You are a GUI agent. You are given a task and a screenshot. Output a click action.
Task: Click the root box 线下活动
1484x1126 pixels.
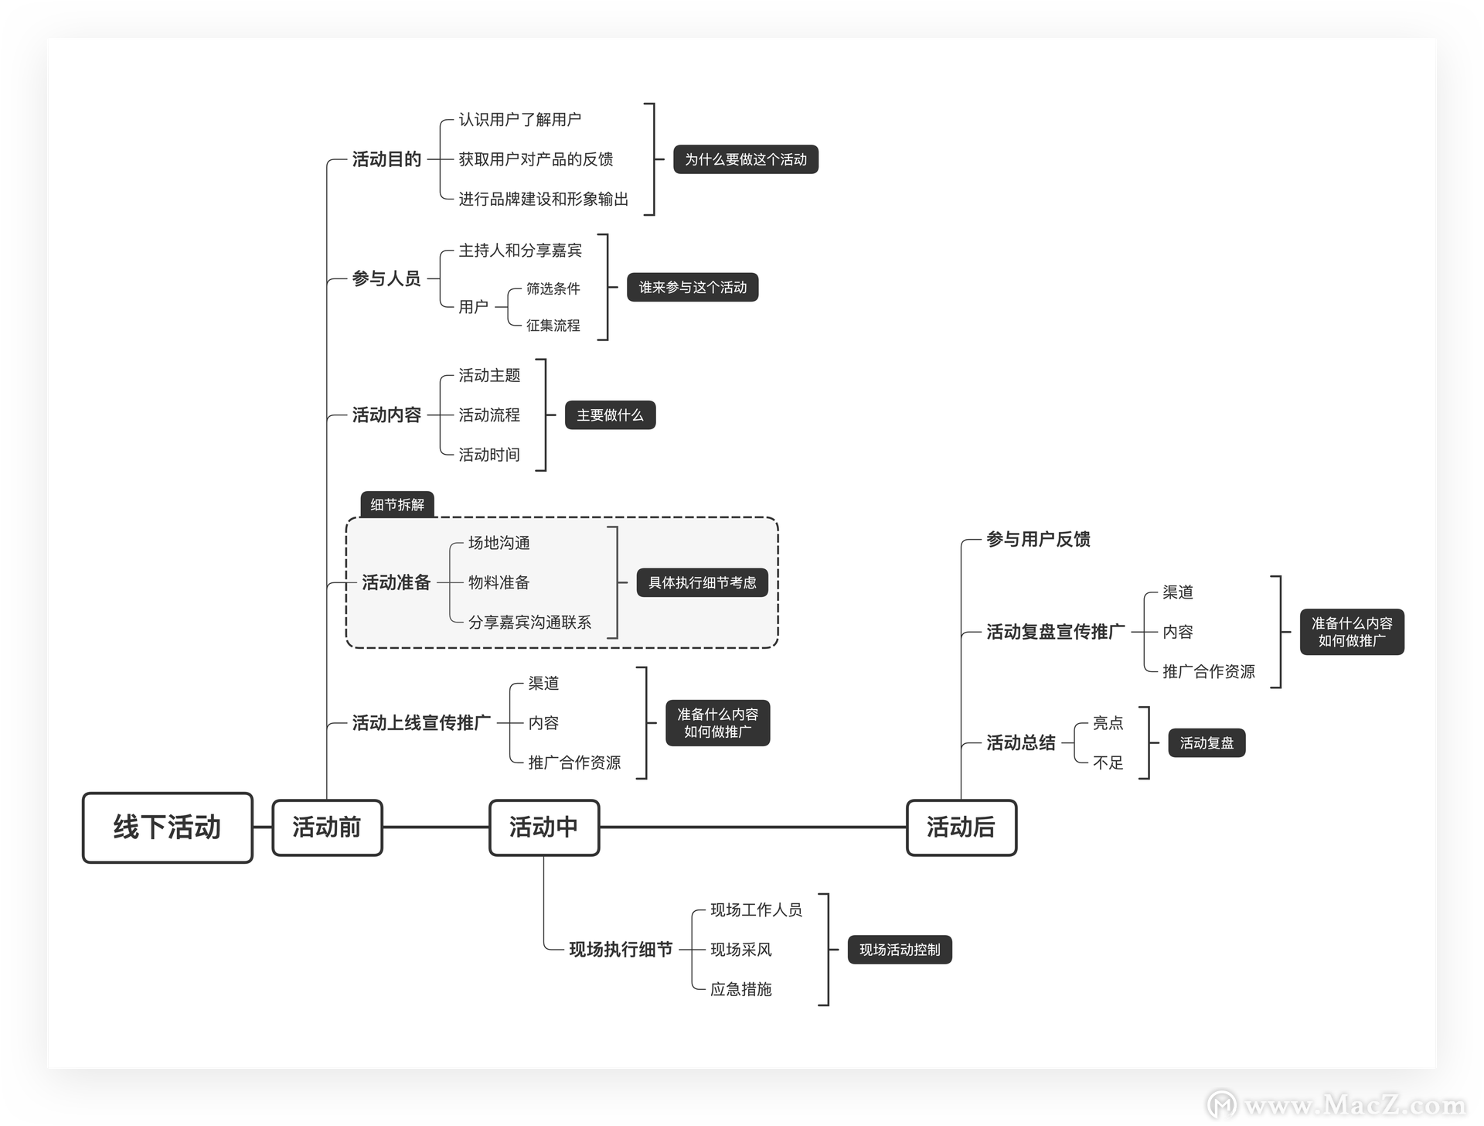[168, 827]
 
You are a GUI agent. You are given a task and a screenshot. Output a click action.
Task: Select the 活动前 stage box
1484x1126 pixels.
[327, 827]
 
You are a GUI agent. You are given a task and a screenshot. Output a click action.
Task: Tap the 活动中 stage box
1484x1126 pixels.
[544, 827]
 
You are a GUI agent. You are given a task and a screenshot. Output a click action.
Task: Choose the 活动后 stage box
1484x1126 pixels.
[962, 827]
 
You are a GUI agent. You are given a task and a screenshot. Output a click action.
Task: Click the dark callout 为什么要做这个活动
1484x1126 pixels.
[746, 159]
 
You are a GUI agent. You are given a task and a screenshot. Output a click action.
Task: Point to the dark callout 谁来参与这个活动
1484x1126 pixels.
[693, 287]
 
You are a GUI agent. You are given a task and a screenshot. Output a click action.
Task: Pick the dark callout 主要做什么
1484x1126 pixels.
[611, 415]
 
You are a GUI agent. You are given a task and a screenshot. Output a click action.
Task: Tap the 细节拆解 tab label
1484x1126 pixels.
[397, 505]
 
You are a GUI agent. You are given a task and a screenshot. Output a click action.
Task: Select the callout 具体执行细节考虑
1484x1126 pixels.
[703, 582]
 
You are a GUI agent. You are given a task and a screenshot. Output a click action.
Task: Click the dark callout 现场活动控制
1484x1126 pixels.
[900, 950]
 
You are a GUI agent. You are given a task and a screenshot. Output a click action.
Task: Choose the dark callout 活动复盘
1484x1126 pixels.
[1207, 743]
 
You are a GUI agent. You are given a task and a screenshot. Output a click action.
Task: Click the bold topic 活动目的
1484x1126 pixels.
[386, 159]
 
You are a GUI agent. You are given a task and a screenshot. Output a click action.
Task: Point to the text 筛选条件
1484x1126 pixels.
[553, 288]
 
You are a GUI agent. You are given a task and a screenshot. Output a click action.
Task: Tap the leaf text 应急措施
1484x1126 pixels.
[741, 989]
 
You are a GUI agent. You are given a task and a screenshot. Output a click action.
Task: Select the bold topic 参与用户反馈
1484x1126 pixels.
[1038, 539]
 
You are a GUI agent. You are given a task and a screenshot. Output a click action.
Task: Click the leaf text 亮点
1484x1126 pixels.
[1108, 723]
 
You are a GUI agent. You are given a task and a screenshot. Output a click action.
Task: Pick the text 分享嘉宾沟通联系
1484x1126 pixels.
[529, 623]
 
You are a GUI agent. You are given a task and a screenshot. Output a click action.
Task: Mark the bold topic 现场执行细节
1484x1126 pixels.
[621, 950]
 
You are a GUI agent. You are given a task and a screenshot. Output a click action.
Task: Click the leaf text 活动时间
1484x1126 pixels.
[489, 455]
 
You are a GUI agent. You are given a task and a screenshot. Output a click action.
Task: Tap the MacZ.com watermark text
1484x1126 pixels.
[1356, 1105]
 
